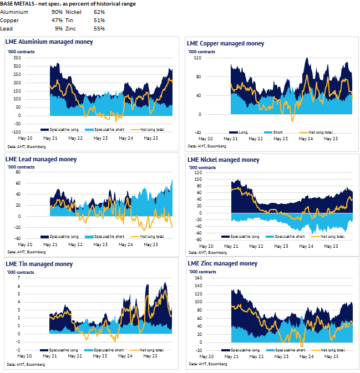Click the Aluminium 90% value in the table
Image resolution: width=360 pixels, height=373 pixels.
(x=57, y=11)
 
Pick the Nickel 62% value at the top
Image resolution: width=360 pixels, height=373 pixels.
(x=99, y=11)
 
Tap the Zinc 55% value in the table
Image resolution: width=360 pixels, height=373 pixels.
(x=99, y=28)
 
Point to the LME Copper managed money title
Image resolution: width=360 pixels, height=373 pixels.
(x=225, y=43)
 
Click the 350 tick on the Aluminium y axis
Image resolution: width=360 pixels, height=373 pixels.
(x=17, y=58)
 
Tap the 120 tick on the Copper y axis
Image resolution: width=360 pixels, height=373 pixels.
(x=197, y=58)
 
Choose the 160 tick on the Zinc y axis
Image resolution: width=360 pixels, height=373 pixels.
(x=197, y=278)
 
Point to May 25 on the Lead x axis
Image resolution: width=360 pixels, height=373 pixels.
(x=151, y=244)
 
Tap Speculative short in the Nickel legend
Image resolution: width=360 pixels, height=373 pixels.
(x=288, y=237)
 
